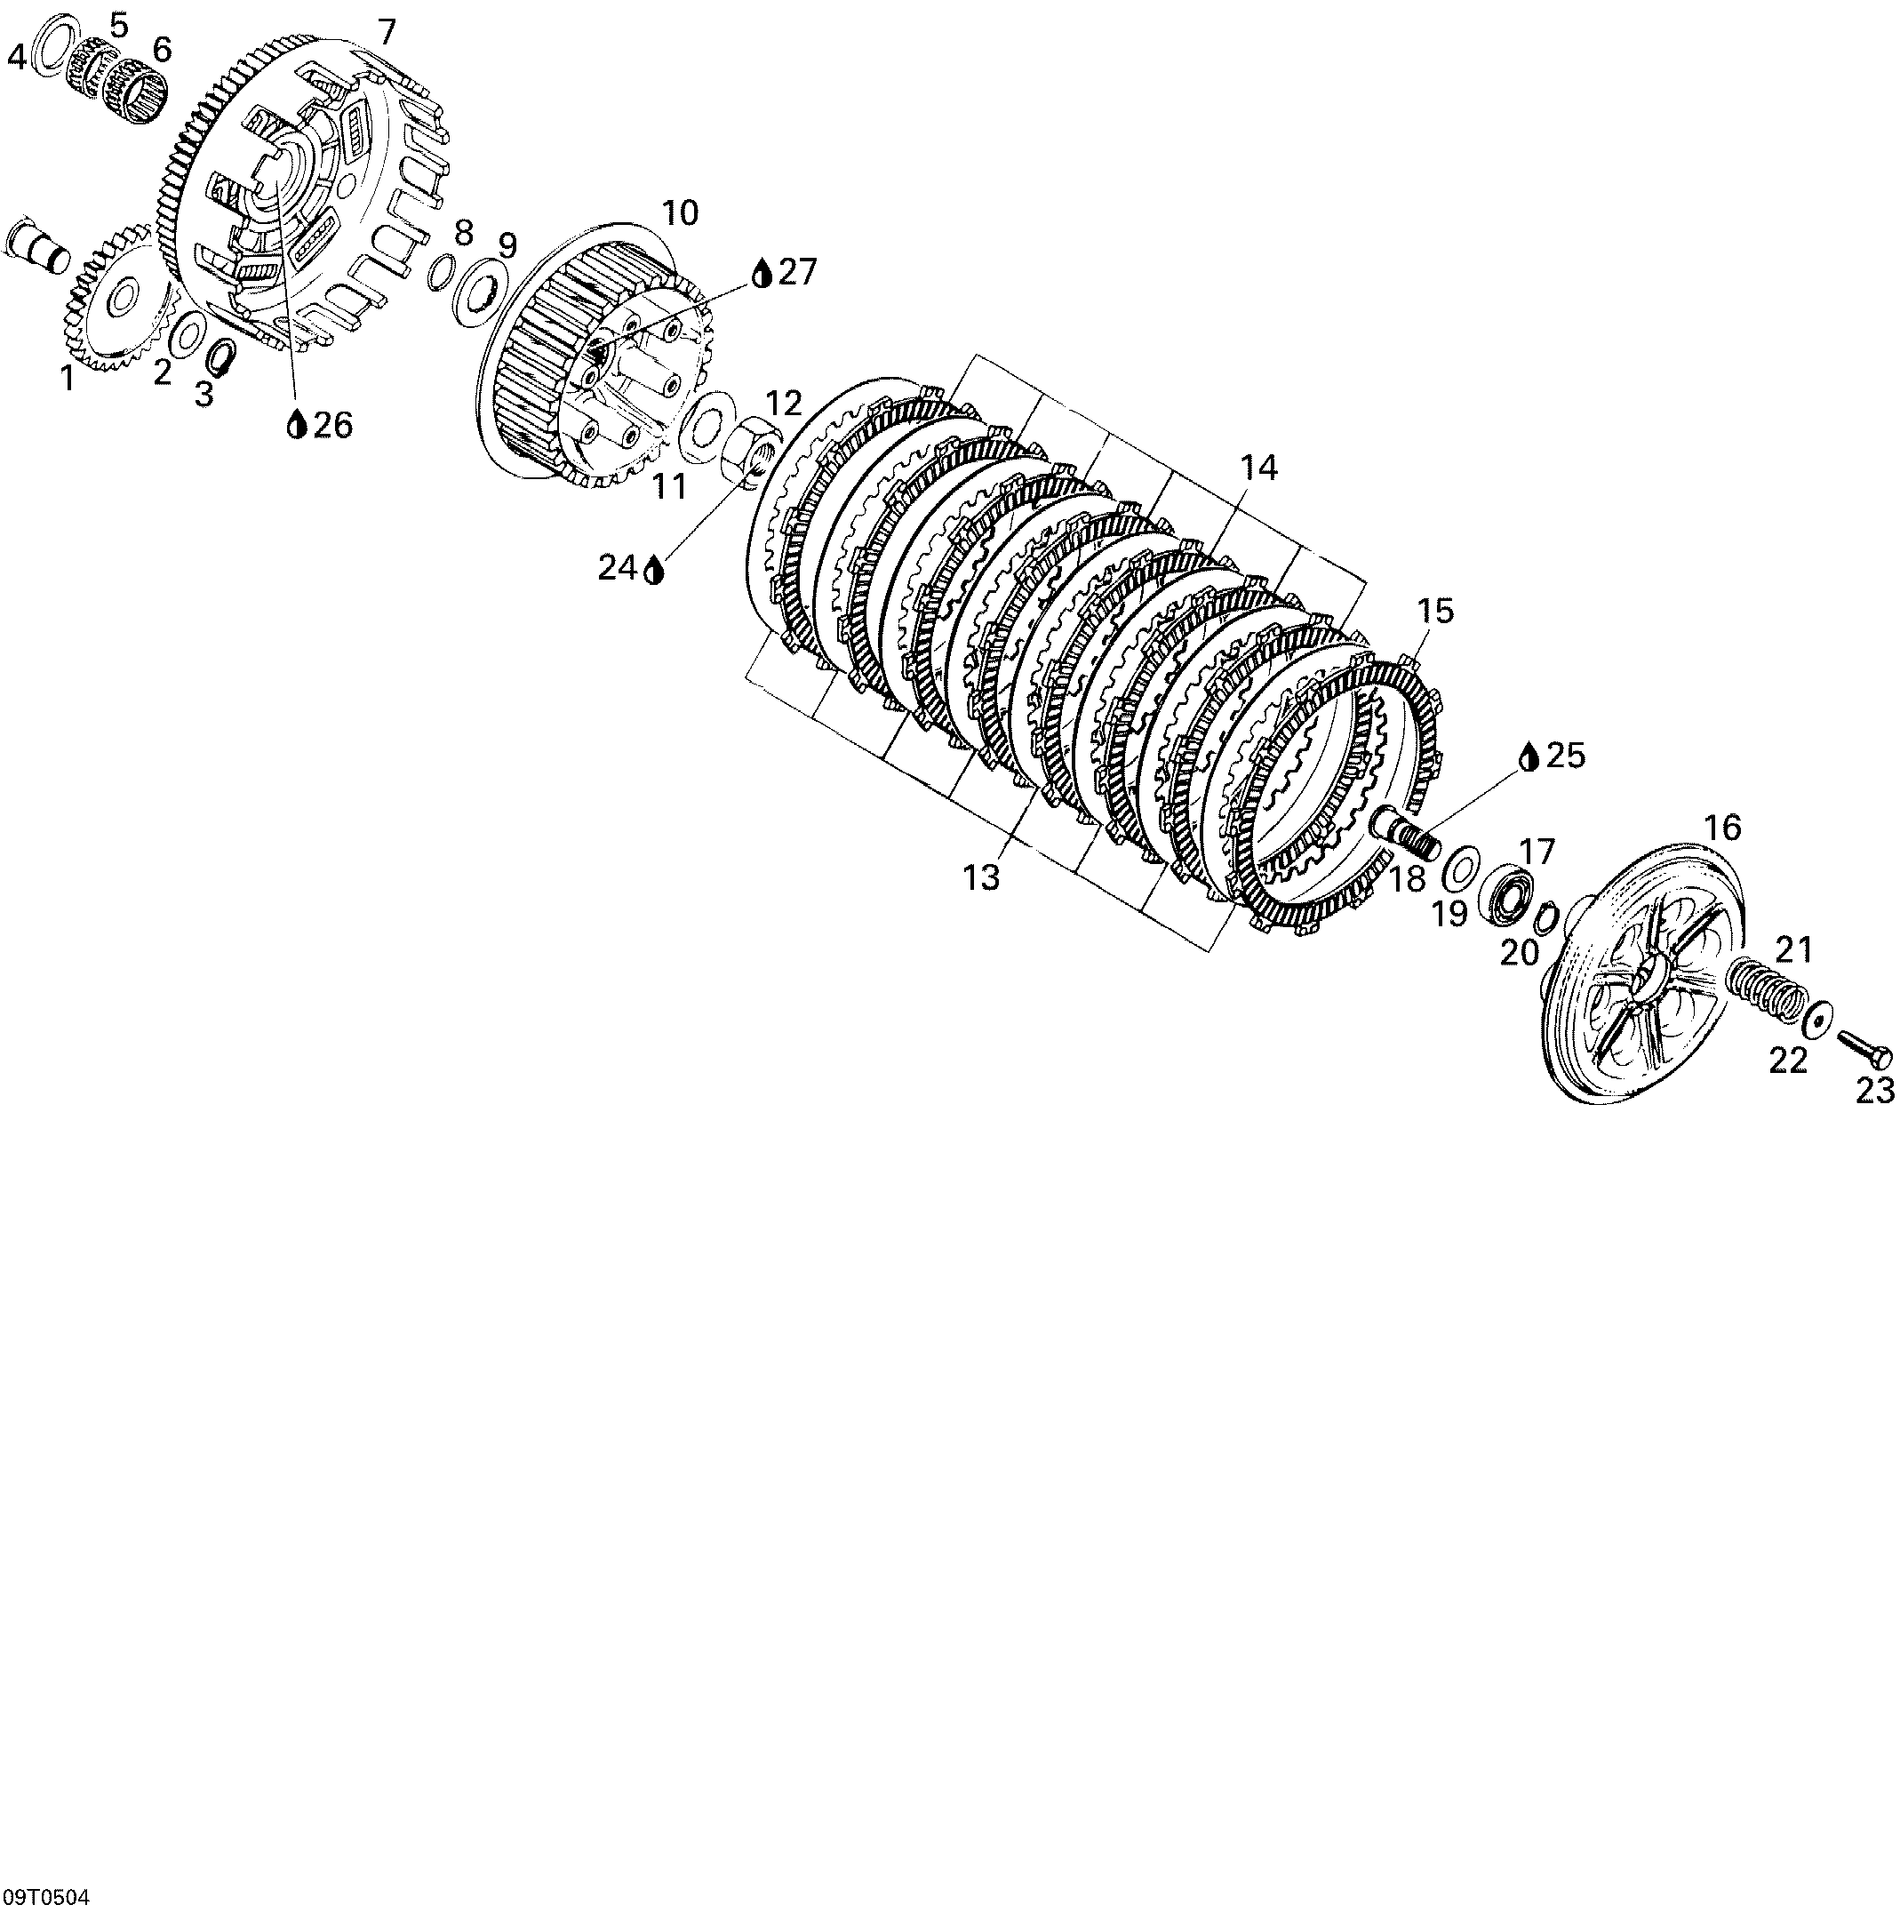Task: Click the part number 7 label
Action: (x=387, y=33)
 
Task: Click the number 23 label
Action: (x=1874, y=1090)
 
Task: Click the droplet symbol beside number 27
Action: (x=762, y=272)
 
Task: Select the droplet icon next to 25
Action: (x=1530, y=756)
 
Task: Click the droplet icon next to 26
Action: (x=296, y=425)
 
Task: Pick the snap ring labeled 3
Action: (x=223, y=356)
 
